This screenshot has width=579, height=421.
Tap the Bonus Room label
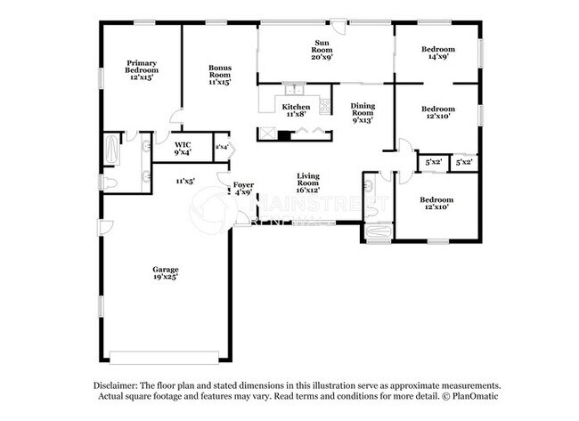coord(220,75)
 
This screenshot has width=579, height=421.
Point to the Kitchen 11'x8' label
coord(297,110)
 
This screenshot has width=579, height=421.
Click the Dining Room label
coord(362,113)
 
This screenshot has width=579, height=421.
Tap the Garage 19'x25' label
coord(165,273)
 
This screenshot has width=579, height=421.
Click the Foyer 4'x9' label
coord(243,189)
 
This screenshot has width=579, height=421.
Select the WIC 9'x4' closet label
coord(182,148)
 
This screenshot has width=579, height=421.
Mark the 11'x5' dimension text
coord(185,181)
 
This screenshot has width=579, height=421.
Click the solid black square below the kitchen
coord(283,136)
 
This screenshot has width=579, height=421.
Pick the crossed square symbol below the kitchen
coord(266,135)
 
